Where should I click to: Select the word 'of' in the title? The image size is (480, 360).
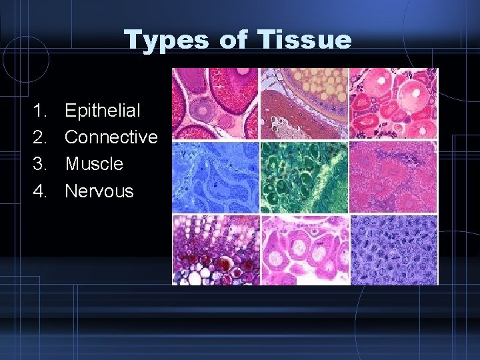233,40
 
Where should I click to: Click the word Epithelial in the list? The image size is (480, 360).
103,110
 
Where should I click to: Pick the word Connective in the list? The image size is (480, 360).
111,137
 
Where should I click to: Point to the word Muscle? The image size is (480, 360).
94,163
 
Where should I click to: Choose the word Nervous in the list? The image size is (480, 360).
99,191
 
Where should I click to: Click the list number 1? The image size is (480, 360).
39,110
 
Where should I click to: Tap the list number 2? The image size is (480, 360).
39,137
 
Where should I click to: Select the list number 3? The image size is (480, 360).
39,163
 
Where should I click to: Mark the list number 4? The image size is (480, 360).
39,191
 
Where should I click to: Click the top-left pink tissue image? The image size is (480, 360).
215,103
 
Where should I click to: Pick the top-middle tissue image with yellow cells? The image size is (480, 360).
304,103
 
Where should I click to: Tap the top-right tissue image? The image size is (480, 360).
393,103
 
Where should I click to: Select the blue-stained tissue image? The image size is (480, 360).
215,177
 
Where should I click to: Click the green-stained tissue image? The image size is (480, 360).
304,177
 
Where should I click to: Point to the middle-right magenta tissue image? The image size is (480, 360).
393,177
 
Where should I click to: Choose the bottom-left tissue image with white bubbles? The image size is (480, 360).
215,249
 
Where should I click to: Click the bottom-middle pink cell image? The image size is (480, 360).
304,249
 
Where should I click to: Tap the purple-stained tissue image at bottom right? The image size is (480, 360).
393,249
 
